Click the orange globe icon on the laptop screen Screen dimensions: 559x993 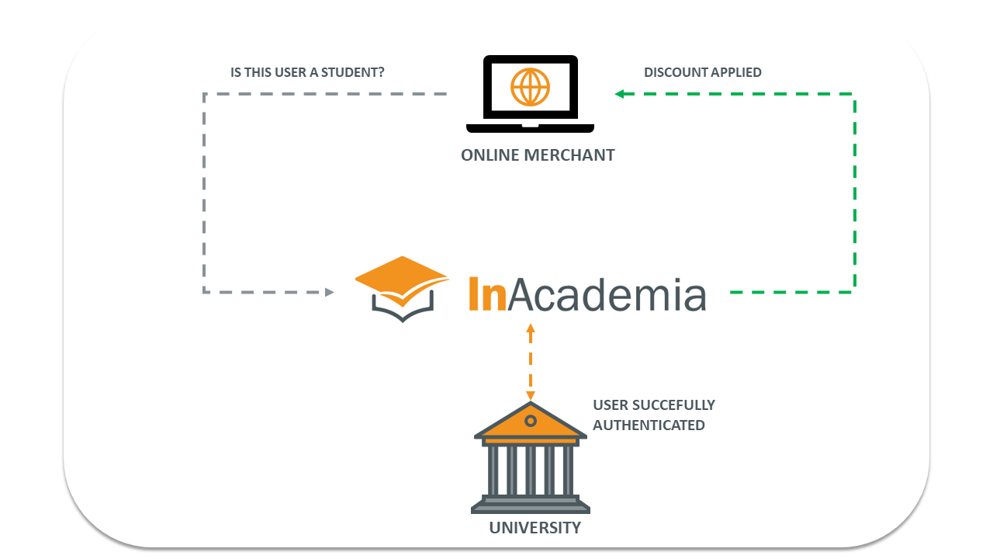click(530, 87)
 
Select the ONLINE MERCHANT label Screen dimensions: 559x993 click(538, 155)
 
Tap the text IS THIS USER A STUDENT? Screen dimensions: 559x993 click(308, 72)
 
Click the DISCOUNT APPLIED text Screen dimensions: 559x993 click(703, 72)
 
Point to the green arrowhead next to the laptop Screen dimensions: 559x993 click(620, 94)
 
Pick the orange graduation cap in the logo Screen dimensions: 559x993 click(401, 276)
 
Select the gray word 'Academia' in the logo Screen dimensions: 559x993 click(601, 294)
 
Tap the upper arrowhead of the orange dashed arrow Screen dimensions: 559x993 click(531, 328)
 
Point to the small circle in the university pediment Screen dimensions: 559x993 click(531, 421)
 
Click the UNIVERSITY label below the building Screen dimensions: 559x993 click(535, 528)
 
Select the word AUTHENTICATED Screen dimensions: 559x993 click(649, 425)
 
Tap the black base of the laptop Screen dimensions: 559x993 click(530, 128)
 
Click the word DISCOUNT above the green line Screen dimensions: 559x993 click(672, 72)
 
